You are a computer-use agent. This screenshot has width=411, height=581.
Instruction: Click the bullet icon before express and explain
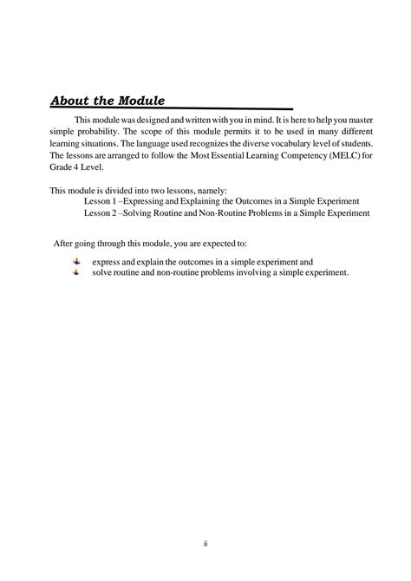(x=76, y=260)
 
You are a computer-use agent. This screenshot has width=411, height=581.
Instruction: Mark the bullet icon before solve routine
(x=76, y=271)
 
